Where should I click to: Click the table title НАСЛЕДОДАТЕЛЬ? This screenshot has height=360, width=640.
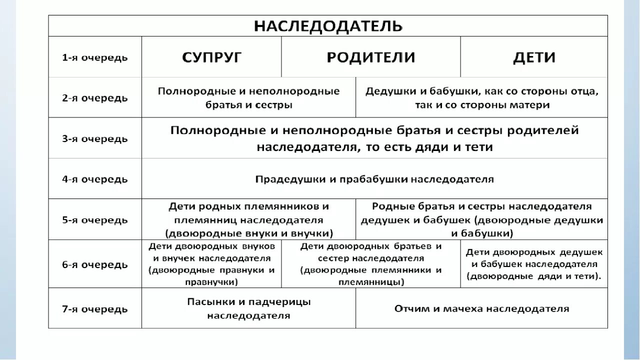328,26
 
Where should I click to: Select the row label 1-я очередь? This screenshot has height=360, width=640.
95,57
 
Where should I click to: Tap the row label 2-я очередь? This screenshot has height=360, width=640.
95,98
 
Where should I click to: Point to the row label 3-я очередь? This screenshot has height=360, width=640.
95,138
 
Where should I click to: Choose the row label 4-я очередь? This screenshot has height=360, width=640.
95,179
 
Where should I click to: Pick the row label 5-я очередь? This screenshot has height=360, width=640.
95,219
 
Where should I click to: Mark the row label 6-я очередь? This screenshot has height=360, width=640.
95,264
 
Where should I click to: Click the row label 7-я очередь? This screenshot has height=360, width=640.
95,309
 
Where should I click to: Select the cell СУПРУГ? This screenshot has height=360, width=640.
211,57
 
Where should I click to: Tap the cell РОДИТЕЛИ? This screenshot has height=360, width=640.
370,57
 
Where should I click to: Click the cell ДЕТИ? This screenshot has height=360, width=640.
534,57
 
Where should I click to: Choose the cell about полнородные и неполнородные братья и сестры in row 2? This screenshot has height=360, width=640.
248,98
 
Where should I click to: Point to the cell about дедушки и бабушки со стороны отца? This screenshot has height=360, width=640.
482,98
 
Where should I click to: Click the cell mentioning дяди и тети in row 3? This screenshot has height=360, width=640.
374,138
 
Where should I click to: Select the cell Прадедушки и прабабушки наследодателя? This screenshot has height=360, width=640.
374,179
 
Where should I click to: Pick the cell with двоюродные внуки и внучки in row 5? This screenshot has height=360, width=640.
248,219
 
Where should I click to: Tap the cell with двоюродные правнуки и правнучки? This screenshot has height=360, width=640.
211,264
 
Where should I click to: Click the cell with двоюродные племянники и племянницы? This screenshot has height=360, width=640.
370,264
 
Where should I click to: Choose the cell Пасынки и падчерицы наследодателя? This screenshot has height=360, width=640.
248,309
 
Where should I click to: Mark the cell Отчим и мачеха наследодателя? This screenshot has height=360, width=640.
482,309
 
